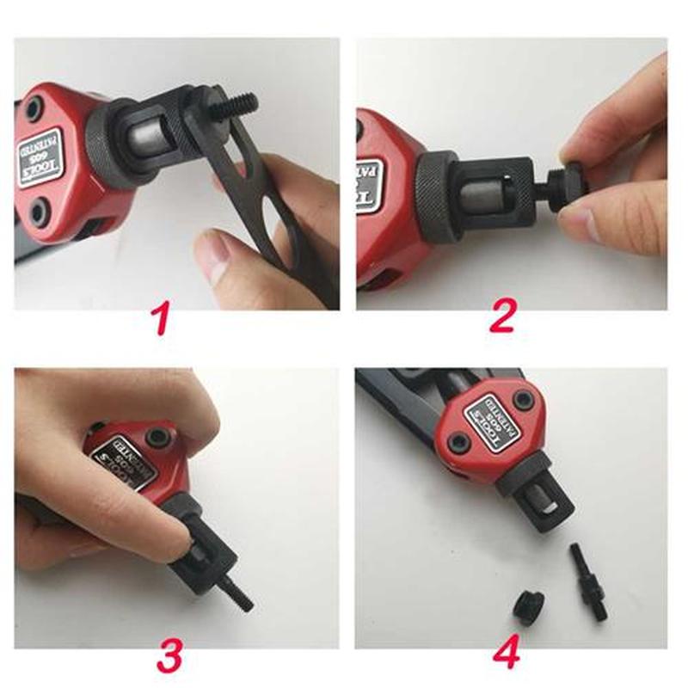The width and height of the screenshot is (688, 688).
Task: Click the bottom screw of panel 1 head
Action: point(39,210)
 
